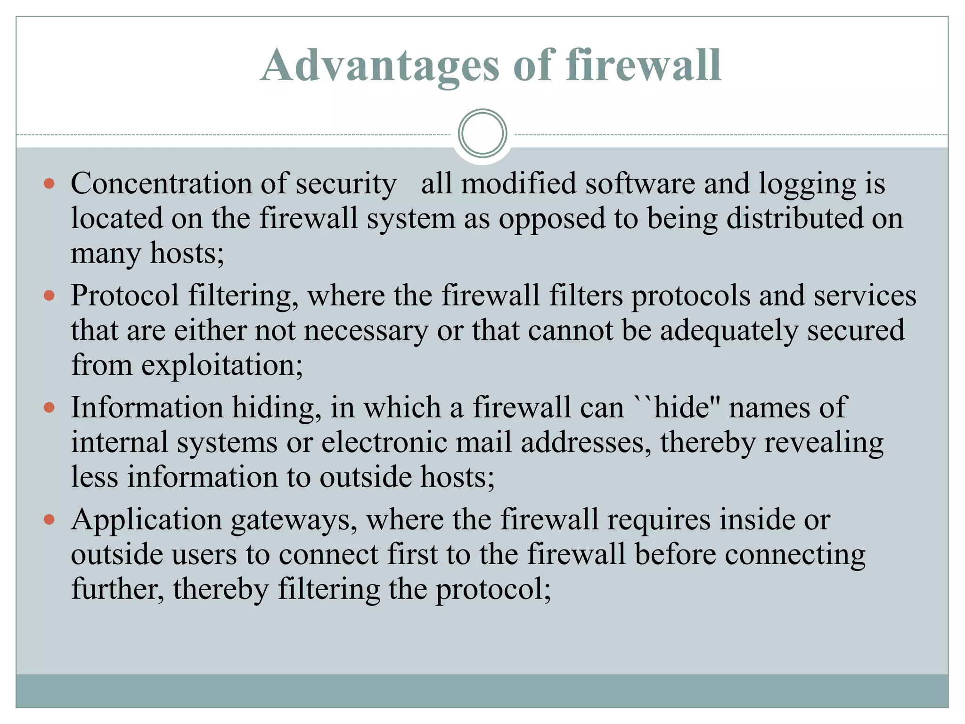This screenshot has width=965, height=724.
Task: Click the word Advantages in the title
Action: tap(379, 66)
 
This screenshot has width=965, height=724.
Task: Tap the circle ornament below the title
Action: tap(482, 133)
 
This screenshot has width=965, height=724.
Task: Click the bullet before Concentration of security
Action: tap(49, 183)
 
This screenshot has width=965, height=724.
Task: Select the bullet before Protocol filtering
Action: tap(49, 296)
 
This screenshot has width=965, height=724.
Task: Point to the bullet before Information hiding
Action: tap(49, 407)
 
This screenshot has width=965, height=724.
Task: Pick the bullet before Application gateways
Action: tap(49, 519)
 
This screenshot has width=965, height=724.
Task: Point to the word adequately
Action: tap(728, 330)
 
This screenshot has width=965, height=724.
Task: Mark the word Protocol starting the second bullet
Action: tap(125, 296)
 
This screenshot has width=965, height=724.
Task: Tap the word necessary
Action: tap(366, 330)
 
